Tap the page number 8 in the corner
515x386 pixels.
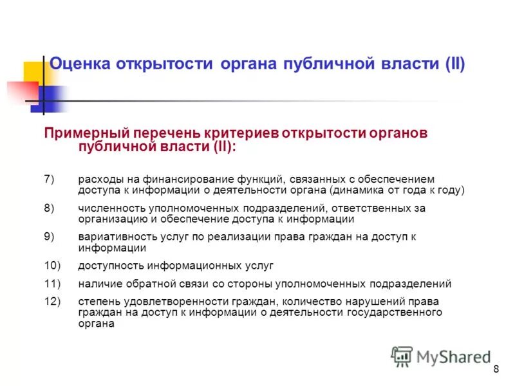point(496,369)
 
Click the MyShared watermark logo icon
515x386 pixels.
point(402,356)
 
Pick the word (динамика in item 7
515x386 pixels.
point(355,190)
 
